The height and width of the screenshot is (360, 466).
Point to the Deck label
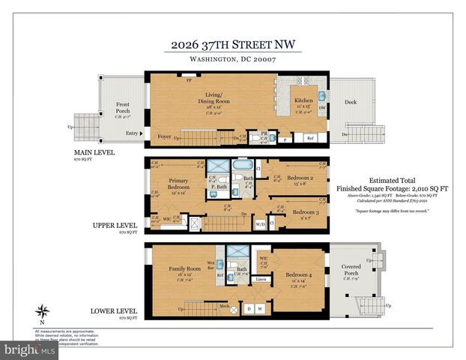351,101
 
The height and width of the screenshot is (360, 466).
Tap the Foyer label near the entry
164,136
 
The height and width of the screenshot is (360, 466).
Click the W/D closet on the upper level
261,223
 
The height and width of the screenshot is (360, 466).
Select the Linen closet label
261,280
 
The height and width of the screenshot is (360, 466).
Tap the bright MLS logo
30,350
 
